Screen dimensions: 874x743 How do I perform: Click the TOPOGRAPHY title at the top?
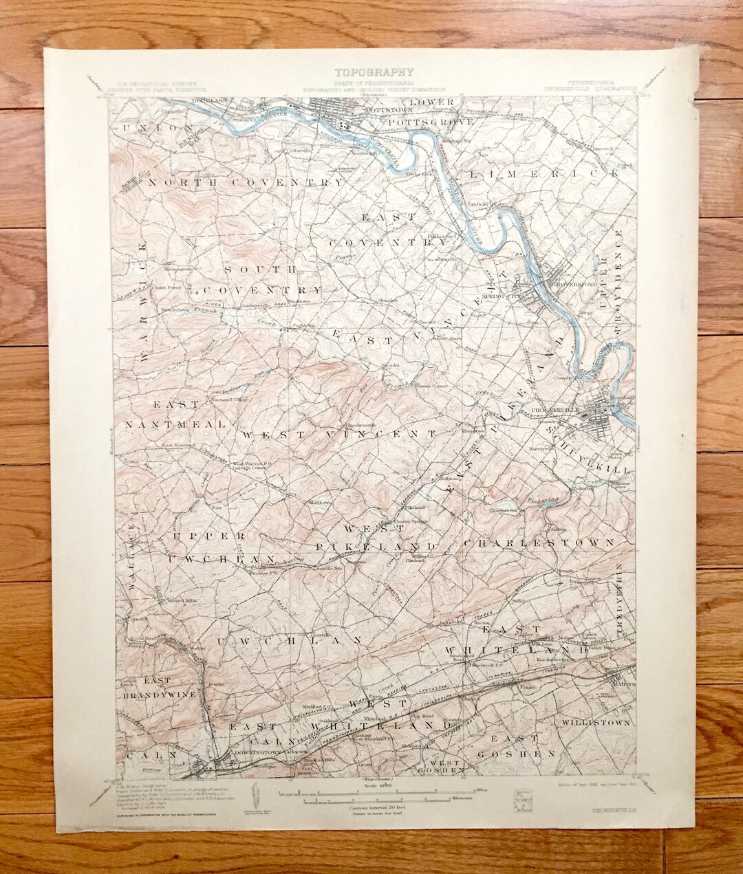tap(374, 71)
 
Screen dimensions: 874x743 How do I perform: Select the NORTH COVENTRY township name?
tap(244, 182)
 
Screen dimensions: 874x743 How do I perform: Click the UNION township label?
tap(155, 128)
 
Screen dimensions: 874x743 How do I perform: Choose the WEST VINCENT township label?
tap(339, 435)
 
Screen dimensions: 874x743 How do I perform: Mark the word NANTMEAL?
tap(175, 424)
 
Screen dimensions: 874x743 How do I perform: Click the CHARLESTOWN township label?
tap(539, 543)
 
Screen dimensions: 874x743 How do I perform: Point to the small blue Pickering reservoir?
tap(547, 505)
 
